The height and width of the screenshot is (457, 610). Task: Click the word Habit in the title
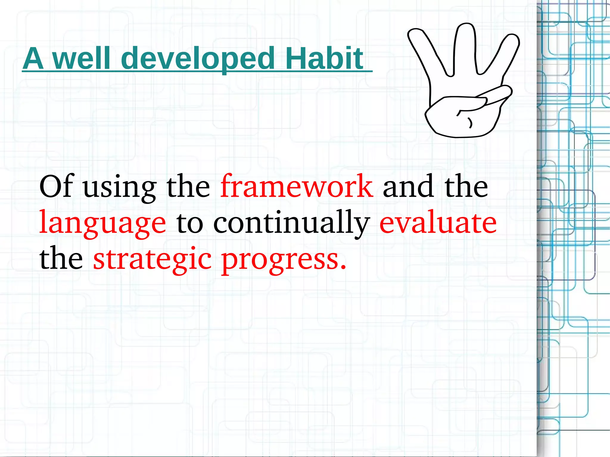[x=324, y=58]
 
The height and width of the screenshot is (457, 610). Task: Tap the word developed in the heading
[x=198, y=59]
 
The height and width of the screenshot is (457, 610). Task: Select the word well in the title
[x=81, y=58]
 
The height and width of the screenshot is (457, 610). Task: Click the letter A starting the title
[x=33, y=59]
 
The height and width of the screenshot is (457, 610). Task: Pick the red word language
[x=103, y=223]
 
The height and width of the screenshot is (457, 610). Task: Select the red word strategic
[x=152, y=259]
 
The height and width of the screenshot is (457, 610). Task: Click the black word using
[x=119, y=188]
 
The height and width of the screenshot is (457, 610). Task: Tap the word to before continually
[x=190, y=223]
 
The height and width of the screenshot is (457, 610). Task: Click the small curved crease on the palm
[x=470, y=122]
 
